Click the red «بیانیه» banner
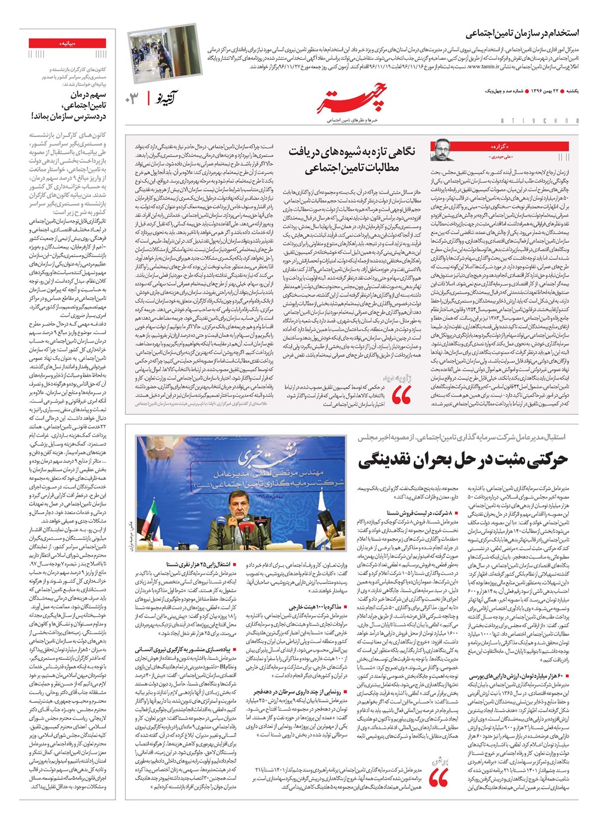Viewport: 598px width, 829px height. click(68, 44)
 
